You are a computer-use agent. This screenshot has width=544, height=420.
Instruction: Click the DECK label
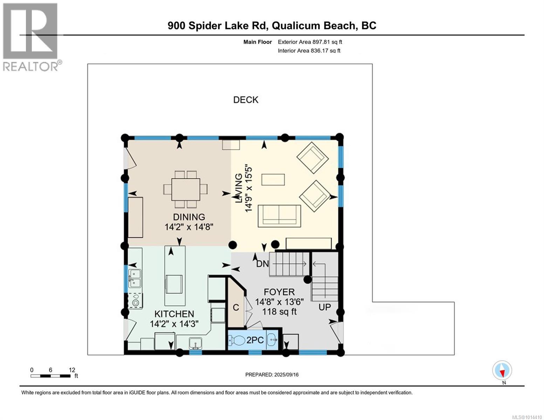[x=246, y=100]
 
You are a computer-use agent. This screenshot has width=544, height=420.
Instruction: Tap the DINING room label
[x=189, y=217]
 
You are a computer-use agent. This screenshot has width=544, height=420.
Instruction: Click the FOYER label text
[x=279, y=292]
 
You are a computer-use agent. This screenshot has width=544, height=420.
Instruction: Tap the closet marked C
[x=236, y=307]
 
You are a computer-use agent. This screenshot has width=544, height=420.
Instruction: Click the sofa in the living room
[x=279, y=215]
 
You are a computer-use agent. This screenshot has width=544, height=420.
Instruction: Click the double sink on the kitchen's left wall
[x=135, y=277]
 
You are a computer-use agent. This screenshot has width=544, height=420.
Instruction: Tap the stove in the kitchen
[x=135, y=300]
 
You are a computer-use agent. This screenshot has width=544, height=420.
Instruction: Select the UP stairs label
[x=324, y=307]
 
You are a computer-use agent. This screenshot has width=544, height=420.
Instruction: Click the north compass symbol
[x=502, y=370]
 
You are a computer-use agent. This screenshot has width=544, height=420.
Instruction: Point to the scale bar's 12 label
[x=72, y=370]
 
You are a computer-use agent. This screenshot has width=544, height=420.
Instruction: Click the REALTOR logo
[x=31, y=37]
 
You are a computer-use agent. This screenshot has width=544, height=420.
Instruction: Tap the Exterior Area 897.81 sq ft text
[x=310, y=42]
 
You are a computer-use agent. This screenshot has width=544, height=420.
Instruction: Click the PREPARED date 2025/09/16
[x=272, y=374]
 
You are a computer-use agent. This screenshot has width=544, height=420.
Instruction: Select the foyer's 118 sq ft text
[x=280, y=311]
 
